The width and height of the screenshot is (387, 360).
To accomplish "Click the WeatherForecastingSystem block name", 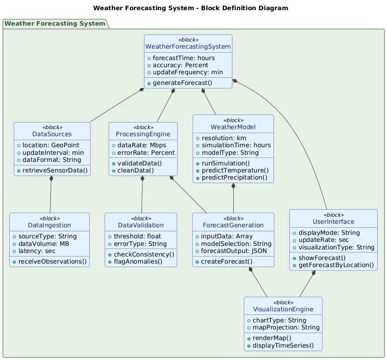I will click(x=188, y=47).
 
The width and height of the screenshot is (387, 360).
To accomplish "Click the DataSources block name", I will click(x=52, y=134).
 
